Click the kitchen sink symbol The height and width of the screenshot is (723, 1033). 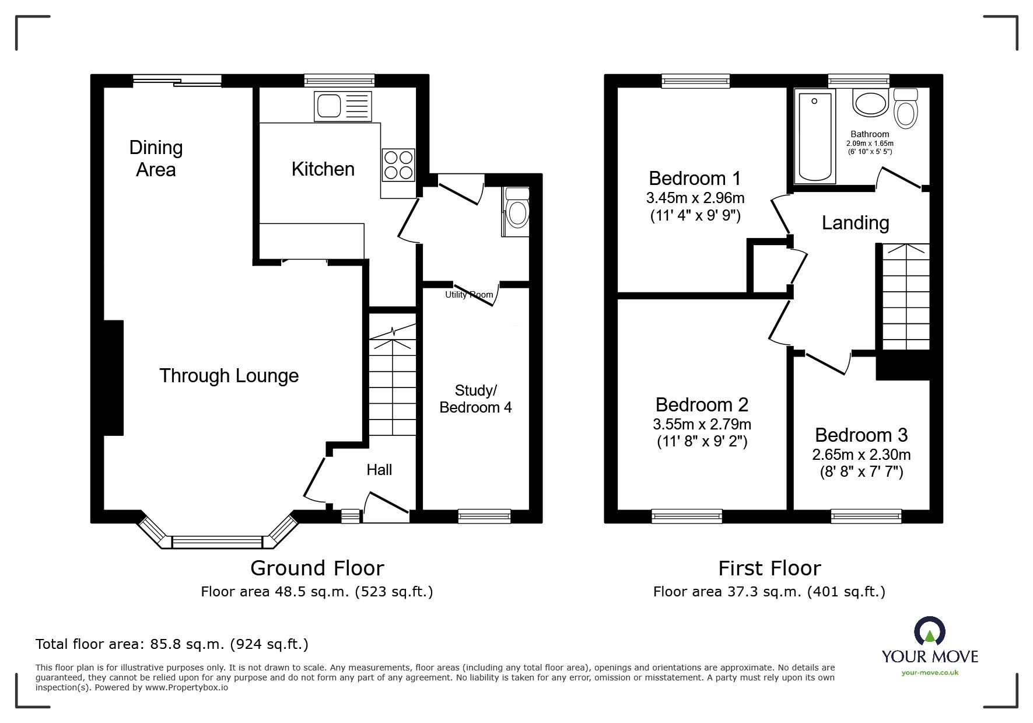342,106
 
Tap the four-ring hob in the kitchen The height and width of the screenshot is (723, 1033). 399,165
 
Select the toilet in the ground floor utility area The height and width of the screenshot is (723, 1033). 516,211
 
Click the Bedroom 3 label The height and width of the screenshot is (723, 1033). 861,435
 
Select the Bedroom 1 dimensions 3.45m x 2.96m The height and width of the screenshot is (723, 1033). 695,198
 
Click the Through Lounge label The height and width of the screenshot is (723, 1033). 229,375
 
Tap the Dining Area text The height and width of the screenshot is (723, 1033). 156,158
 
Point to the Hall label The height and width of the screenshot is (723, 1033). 379,469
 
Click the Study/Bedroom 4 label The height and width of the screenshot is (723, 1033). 475,399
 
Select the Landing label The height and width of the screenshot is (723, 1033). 855,222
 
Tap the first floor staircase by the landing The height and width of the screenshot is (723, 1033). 905,298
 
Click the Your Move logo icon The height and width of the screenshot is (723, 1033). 930,634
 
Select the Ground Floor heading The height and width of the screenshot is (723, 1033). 317,568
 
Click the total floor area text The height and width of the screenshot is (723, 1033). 172,644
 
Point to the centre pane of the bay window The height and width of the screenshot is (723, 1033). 218,542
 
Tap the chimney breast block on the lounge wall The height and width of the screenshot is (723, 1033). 114,378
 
